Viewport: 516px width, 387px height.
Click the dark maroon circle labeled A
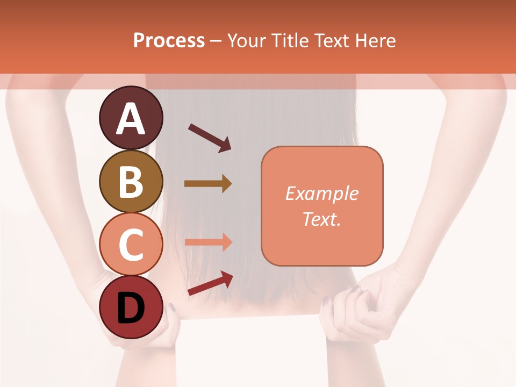click(x=131, y=118)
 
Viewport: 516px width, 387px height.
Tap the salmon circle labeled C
click(x=131, y=245)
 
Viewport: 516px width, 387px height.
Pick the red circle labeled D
click(x=131, y=307)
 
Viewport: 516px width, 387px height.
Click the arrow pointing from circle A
click(x=210, y=137)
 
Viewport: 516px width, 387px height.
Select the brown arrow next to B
click(x=208, y=184)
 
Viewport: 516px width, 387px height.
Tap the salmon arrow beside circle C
click(x=208, y=242)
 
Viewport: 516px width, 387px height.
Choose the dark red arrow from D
click(x=210, y=284)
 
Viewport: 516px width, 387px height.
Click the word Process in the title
click(x=169, y=41)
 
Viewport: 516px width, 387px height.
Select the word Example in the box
click(x=322, y=193)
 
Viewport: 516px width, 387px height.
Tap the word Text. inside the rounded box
click(x=322, y=219)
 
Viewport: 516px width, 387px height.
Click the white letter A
click(x=131, y=119)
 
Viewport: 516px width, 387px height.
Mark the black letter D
click(x=131, y=309)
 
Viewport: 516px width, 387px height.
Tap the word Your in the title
click(x=247, y=41)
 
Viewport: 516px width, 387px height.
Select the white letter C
click(x=131, y=245)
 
